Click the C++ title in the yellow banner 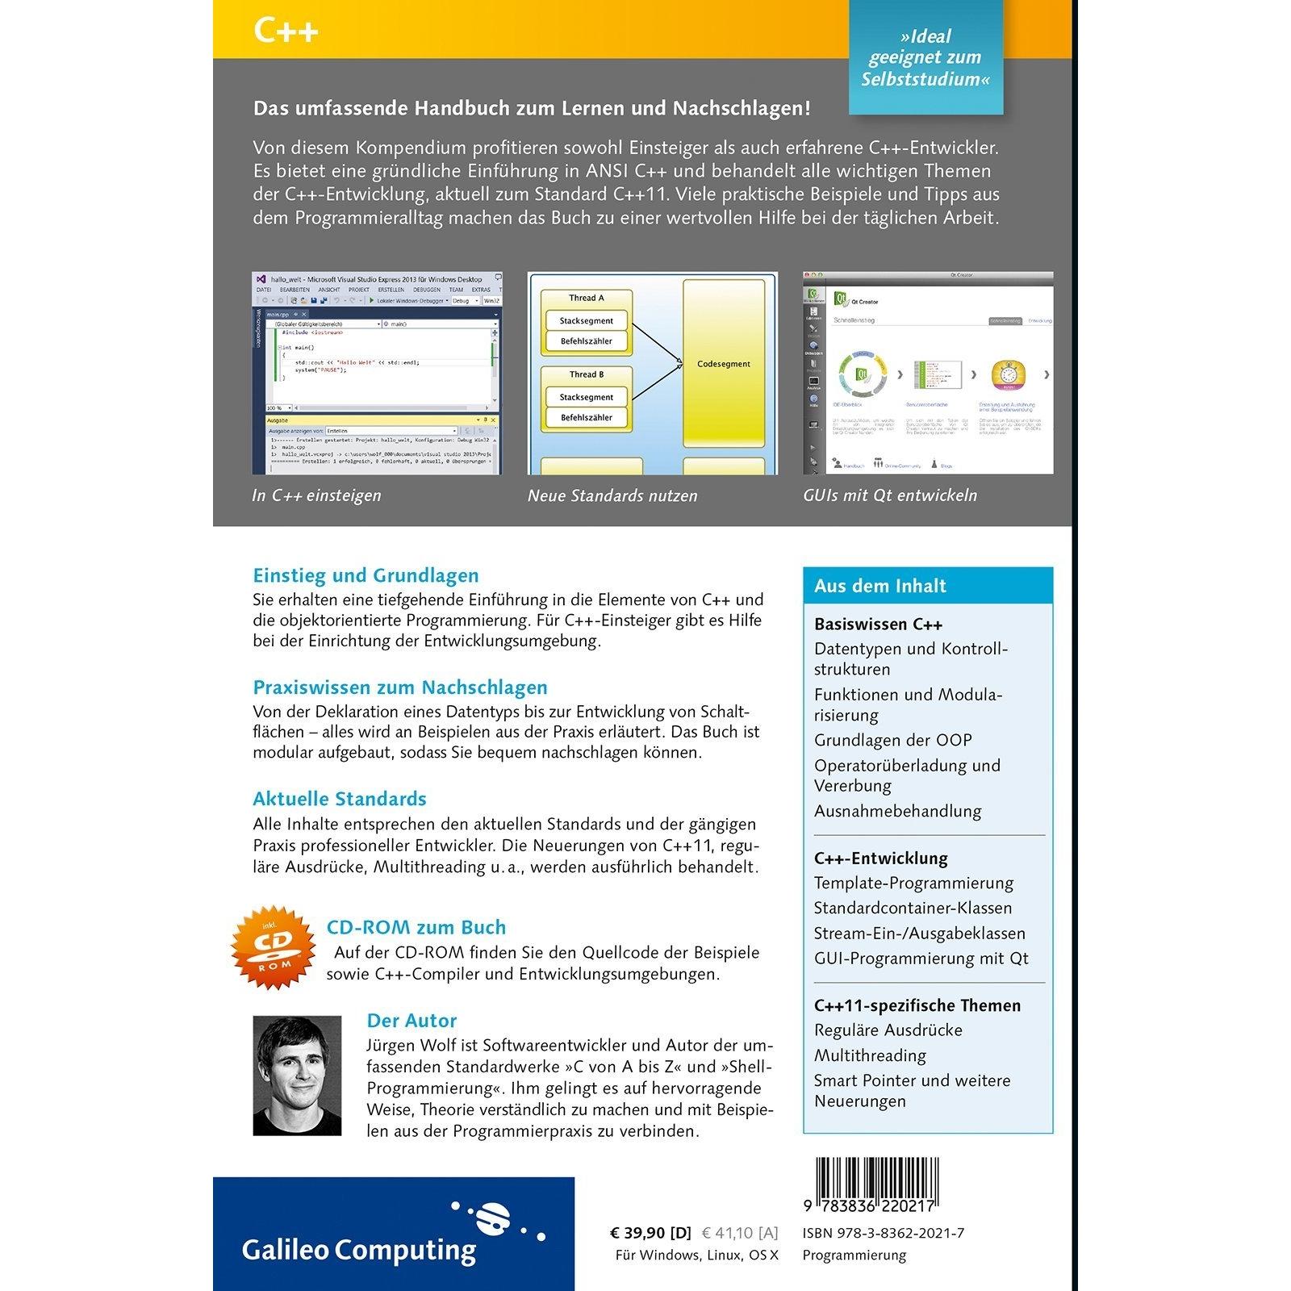pos(286,31)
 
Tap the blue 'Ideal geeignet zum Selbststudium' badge pos(925,58)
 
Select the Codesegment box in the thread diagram pos(723,364)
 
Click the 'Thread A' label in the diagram pos(587,298)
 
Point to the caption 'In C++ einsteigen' pos(316,495)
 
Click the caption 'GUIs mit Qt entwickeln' pos(890,495)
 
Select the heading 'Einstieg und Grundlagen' pos(366,575)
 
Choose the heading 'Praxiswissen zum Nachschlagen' pos(400,687)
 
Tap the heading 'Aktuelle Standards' pos(340,799)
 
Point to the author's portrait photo pos(297,1076)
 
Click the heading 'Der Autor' pos(412,1021)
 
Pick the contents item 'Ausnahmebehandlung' pos(897,811)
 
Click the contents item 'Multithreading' pos(870,1055)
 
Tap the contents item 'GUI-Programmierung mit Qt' pos(921,959)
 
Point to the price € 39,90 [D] pos(650,1233)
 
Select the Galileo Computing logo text pos(359,1250)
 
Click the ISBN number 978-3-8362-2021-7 pos(884,1233)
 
